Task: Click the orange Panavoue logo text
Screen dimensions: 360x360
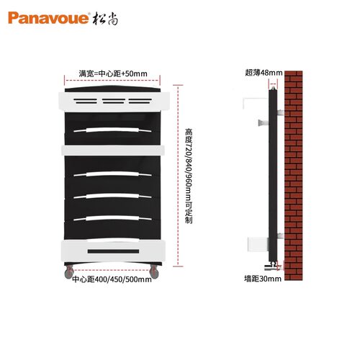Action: point(48,18)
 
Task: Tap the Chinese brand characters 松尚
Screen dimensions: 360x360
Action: point(105,18)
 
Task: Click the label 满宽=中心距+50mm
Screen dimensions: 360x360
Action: point(113,73)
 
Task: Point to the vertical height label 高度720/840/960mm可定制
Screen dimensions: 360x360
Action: point(189,176)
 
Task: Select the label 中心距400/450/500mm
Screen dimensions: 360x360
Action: point(112,279)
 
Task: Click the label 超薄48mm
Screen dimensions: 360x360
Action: point(264,73)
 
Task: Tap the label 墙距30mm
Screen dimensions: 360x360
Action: point(263,279)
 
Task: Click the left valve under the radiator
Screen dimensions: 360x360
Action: point(69,271)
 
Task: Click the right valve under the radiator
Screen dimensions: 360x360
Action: point(154,271)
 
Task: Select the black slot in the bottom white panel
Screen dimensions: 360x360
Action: point(113,251)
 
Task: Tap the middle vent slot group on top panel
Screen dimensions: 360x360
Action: point(114,101)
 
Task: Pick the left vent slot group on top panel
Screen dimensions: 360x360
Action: point(86,101)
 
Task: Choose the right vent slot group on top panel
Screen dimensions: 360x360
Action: point(140,101)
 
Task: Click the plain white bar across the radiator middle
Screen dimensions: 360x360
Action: point(113,150)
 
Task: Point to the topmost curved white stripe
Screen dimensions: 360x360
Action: point(112,130)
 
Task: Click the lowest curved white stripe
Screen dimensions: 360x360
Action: point(112,218)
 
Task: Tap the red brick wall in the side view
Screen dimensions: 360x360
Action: point(294,176)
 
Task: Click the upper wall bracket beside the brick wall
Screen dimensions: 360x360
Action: point(280,112)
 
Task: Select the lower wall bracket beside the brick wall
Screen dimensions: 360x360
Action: point(280,235)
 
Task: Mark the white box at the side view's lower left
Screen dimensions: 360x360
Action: point(258,244)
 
